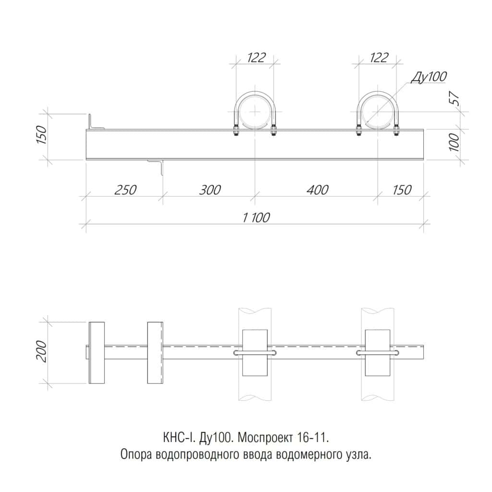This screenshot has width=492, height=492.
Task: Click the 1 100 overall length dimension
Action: pos(256,218)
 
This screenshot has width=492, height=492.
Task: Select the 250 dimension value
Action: pos(125,190)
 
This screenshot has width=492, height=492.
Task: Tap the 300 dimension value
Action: pos(210,190)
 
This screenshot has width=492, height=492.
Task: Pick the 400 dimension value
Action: pos(318,190)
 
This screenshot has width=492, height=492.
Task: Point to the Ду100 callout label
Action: pos(429,76)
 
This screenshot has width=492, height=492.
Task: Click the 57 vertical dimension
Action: pos(455,99)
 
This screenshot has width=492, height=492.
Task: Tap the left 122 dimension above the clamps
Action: pos(257,58)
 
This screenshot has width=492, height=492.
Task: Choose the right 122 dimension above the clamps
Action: pos(379,58)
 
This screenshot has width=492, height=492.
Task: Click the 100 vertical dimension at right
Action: pos(455,142)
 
